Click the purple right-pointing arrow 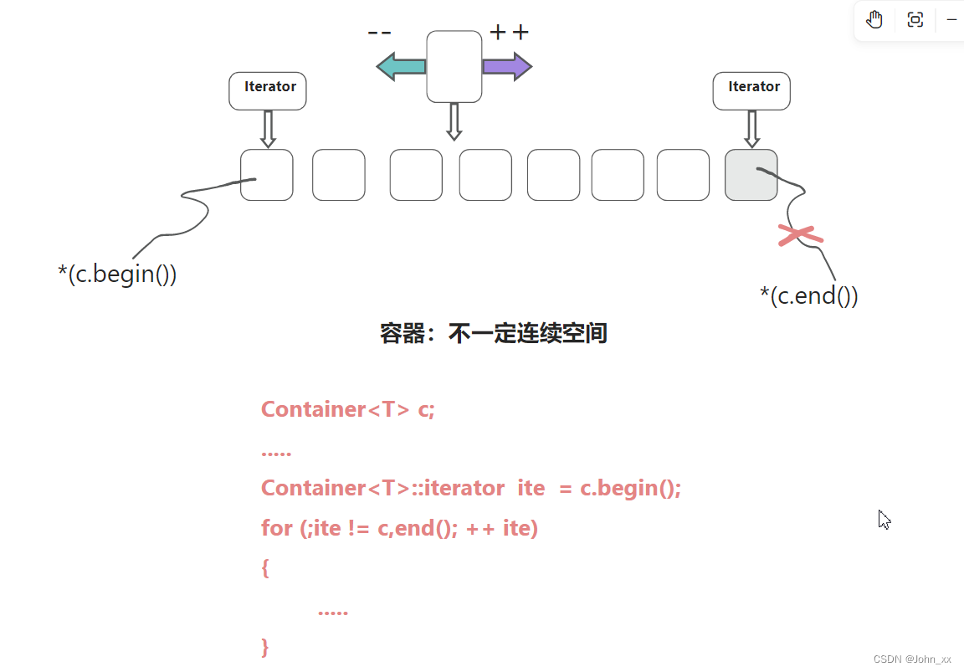point(507,66)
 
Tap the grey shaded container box point(751,175)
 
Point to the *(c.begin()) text point(117,274)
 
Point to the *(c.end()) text point(808,295)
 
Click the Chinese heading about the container point(493,333)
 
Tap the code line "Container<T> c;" point(348,409)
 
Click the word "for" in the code point(277,528)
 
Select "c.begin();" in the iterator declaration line point(630,488)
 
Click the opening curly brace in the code point(265,568)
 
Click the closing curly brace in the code point(265,647)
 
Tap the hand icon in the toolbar point(874,20)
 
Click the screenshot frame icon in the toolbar point(915,20)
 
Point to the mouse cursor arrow point(884,519)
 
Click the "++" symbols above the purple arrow point(509,33)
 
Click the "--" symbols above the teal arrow point(379,33)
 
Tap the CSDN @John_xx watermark point(912,659)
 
